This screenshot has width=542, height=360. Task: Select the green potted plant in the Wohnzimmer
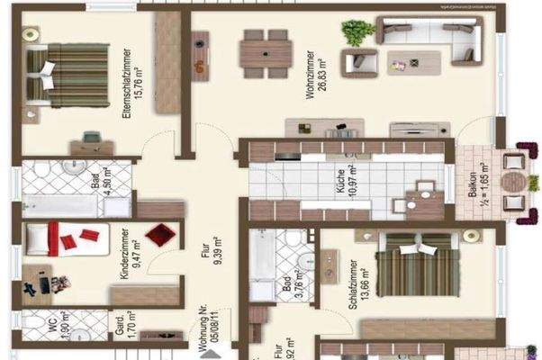pos(357,33)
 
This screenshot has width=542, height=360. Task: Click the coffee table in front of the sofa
pos(413,62)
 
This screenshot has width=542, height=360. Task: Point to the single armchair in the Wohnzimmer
pos(365,63)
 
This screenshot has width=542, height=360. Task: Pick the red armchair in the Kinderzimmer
pos(159,236)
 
